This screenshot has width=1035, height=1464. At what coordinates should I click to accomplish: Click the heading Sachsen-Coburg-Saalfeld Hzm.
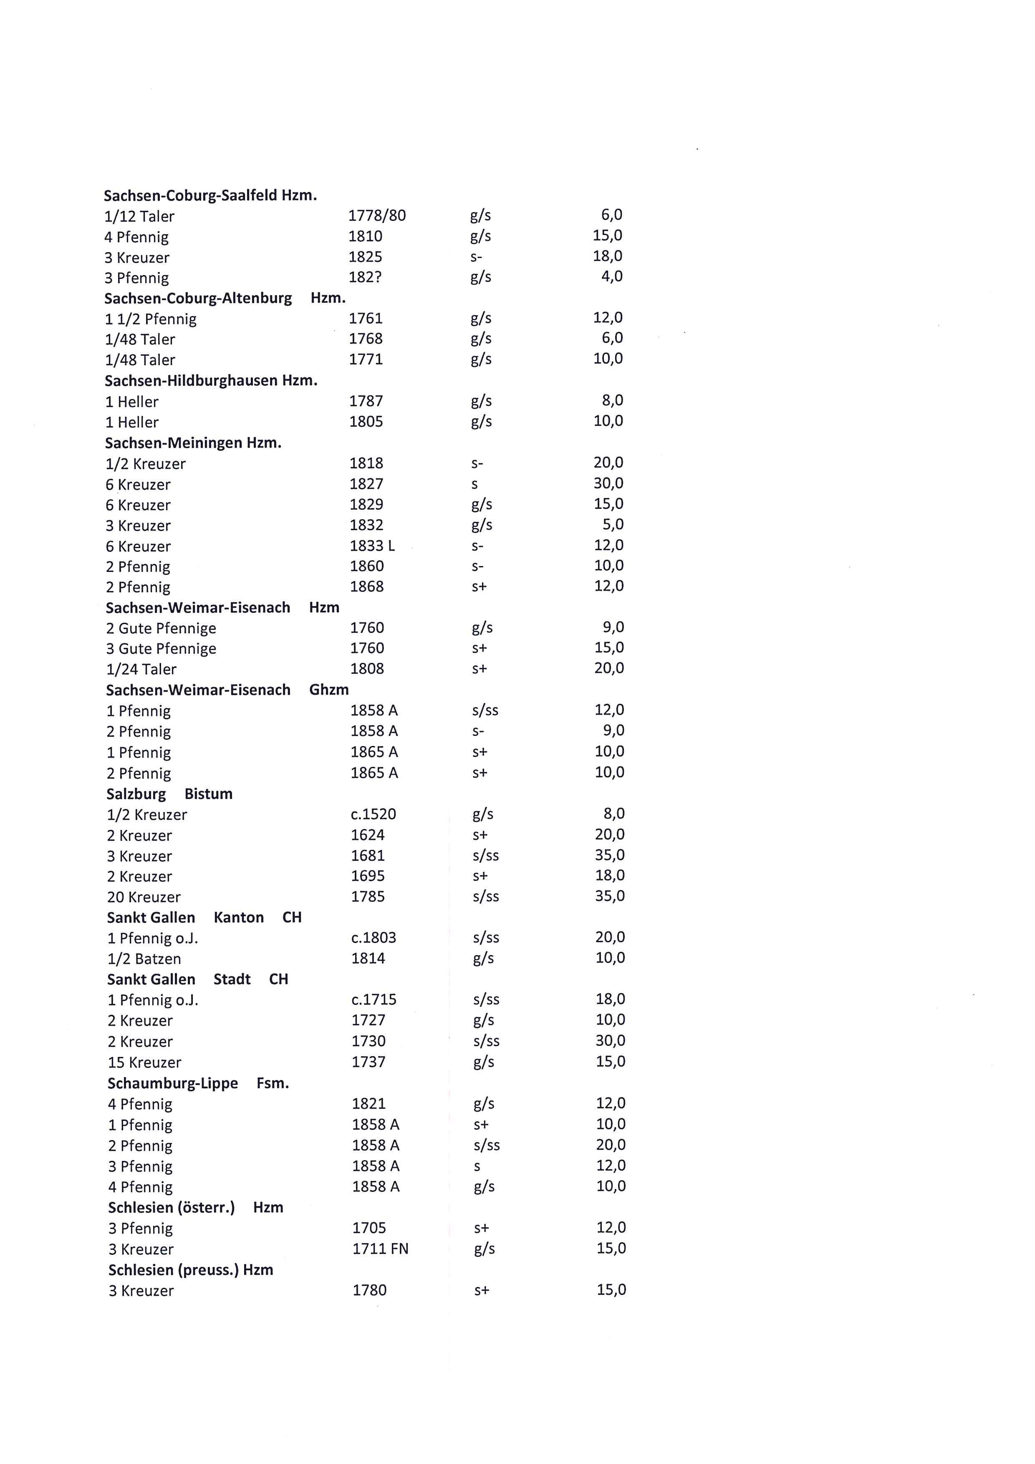[210, 195]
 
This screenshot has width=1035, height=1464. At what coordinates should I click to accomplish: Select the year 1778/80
[377, 215]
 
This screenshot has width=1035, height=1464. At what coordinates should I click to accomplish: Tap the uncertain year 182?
[364, 277]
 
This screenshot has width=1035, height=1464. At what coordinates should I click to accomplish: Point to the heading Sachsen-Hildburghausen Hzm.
[211, 381]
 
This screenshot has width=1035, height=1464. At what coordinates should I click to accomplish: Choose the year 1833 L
[372, 546]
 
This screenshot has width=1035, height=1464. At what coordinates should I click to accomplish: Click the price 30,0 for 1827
[608, 483]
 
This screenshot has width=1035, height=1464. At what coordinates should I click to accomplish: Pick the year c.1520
[374, 814]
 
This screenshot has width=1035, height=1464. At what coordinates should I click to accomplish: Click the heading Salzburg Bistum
[169, 794]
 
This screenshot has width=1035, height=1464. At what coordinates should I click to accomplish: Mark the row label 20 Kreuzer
[144, 897]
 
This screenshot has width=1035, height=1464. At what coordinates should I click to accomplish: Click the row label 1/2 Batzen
[144, 959]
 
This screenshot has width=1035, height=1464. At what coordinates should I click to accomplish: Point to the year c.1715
[374, 1000]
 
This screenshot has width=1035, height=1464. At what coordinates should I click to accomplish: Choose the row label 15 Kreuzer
[145, 1062]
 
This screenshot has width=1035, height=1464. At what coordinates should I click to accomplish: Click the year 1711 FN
[381, 1249]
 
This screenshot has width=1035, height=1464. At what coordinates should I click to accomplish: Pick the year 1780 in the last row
[370, 1291]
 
